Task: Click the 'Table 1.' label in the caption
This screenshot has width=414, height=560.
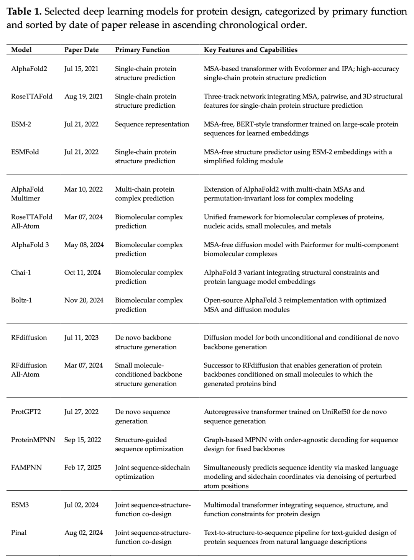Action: pyautogui.click(x=24, y=12)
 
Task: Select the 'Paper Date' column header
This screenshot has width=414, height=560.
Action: pyautogui.click(x=81, y=50)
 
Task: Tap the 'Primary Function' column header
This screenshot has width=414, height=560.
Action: pyautogui.click(x=142, y=50)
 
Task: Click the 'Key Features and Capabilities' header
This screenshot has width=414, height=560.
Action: pyautogui.click(x=250, y=50)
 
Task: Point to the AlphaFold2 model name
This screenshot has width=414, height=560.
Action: pyautogui.click(x=29, y=69)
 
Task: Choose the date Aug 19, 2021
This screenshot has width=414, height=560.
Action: pyautogui.click(x=84, y=97)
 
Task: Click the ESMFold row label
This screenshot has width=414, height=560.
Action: pyautogui.click(x=25, y=152)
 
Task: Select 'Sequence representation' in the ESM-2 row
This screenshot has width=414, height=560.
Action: pyautogui.click(x=152, y=124)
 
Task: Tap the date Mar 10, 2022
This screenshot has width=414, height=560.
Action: pyautogui.click(x=84, y=189)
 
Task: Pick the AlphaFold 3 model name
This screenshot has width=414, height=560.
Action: pyautogui.click(x=30, y=245)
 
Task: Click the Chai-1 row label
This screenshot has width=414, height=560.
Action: pyautogui.click(x=21, y=273)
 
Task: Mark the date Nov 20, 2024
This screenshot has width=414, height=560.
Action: pyautogui.click(x=84, y=301)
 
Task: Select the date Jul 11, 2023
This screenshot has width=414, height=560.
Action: pyautogui.click(x=81, y=338)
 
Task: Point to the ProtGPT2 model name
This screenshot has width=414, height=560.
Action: pyautogui.click(x=26, y=412)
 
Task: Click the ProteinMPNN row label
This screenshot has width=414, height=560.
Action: pyautogui.click(x=33, y=440)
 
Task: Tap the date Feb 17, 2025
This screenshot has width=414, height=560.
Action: pyautogui.click(x=83, y=468)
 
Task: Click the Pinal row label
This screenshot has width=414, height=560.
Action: pyautogui.click(x=19, y=533)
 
